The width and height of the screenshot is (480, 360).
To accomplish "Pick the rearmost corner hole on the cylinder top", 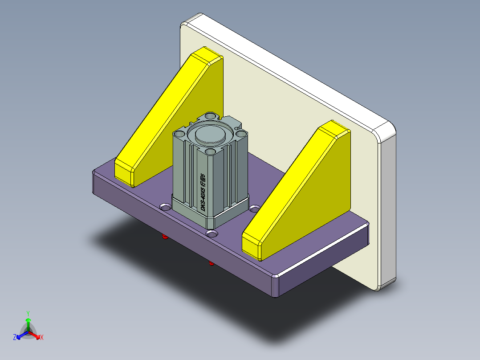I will [x=212, y=117].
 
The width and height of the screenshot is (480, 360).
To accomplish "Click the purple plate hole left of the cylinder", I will [x=165, y=207].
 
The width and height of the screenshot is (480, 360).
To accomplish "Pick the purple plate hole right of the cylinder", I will [x=254, y=208].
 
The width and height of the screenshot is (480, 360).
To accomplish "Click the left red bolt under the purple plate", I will [x=165, y=237].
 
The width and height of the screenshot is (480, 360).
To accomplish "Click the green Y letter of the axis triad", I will [x=28, y=313].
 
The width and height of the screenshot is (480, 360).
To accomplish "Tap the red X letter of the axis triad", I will [x=42, y=338].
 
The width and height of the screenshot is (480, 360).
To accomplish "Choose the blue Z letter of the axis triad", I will [x=15, y=338].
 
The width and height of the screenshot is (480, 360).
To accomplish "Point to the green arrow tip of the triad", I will [x=28, y=320].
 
